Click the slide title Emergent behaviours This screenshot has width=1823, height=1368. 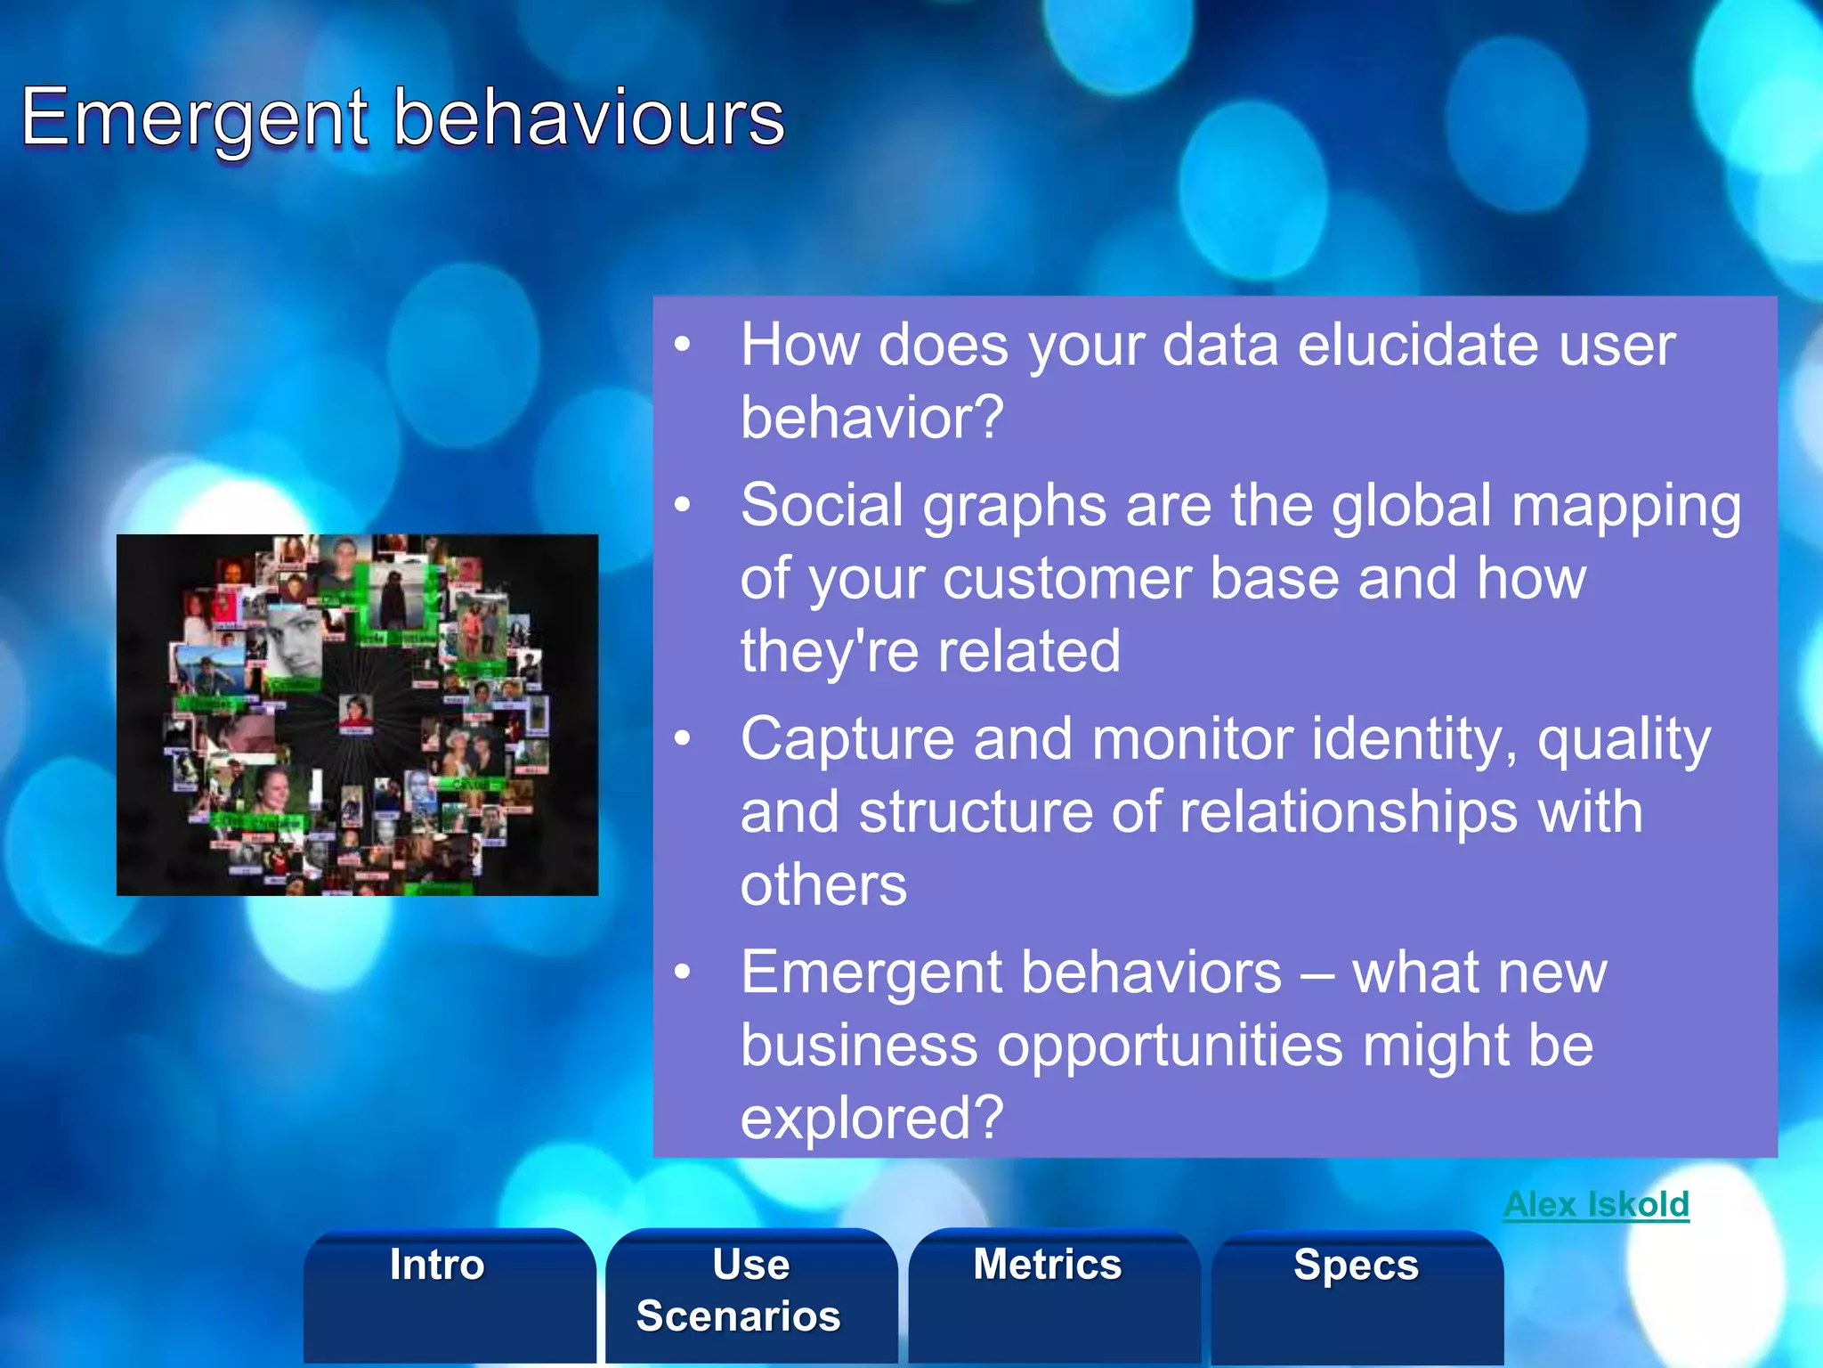(402, 118)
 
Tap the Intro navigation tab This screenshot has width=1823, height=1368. (437, 1265)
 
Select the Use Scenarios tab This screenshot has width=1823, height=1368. (739, 1291)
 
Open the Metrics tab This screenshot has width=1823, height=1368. (1048, 1265)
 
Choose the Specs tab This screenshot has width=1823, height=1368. (1356, 1265)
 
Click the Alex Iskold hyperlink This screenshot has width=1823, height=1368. (1596, 1205)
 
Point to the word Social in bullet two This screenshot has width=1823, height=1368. (822, 505)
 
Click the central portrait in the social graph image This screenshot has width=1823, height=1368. (355, 712)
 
